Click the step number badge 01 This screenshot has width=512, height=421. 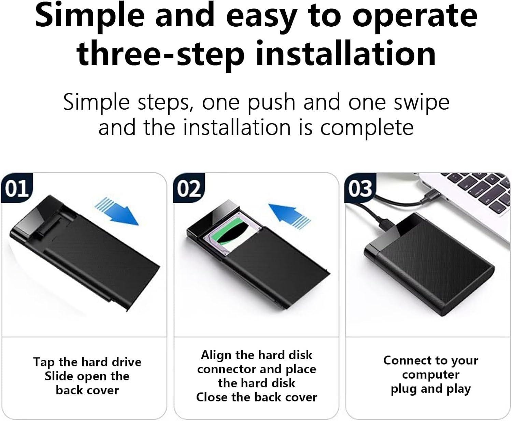pos(16,188)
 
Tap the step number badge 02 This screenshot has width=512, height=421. pos(189,188)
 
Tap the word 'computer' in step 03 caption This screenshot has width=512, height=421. pos(430,375)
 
